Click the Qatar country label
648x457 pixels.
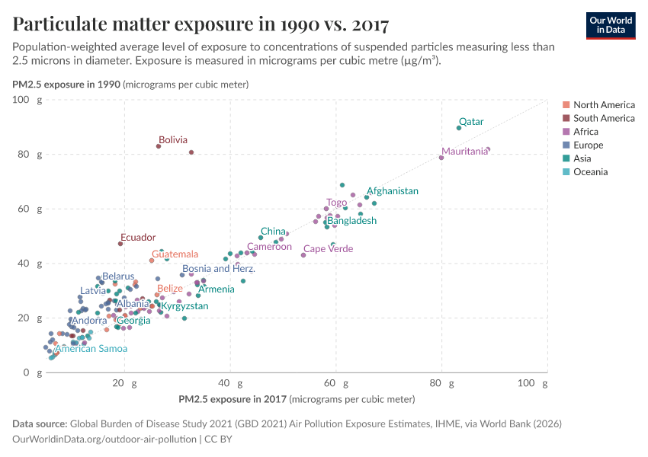pos(470,122)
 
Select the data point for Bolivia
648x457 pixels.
pos(159,146)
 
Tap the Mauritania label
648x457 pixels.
pos(464,152)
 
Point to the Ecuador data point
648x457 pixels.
pos(120,244)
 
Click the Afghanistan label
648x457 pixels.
pos(392,191)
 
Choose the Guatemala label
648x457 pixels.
pos(175,254)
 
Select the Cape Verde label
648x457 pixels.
pos(328,249)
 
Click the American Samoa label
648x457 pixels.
pos(91,349)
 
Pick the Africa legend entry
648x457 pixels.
pos(587,132)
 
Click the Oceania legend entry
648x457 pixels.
pos(590,172)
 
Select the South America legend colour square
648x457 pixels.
pos(566,118)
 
